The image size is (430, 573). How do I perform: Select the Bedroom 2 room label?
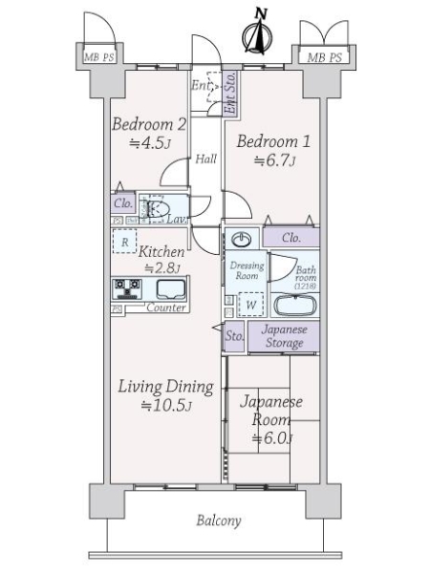tap(148, 124)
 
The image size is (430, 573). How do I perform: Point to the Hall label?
tap(206, 159)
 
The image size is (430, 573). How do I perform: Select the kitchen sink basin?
tap(170, 289)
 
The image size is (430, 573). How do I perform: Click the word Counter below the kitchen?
tap(165, 308)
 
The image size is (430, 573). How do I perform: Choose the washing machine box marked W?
tap(250, 305)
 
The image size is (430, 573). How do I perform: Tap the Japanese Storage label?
tap(285, 336)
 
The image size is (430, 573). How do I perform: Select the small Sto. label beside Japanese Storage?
tap(235, 336)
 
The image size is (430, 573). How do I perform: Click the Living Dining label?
tap(165, 387)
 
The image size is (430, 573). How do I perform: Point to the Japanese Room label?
tap(271, 411)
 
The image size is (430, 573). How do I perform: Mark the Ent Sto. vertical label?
tap(229, 95)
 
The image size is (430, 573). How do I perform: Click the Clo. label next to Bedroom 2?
tap(122, 203)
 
